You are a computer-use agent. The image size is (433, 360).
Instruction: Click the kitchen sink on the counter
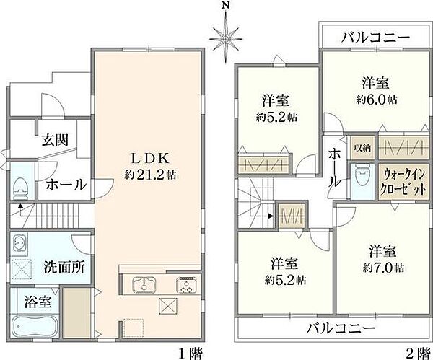coord(141,283)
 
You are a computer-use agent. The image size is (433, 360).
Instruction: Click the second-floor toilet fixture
coord(360,178)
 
